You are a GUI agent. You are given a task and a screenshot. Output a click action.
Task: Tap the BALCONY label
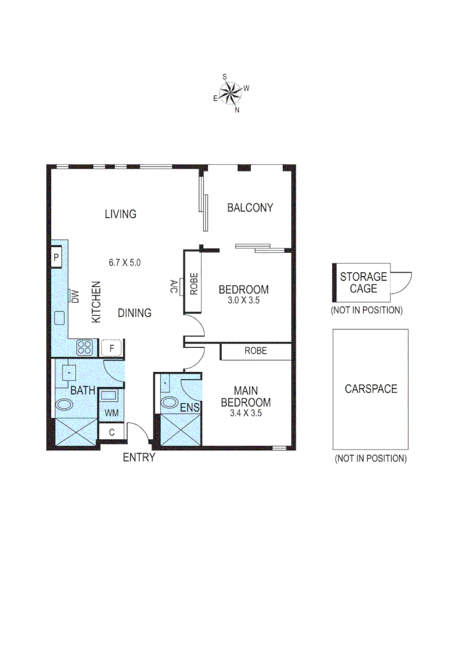[250, 208]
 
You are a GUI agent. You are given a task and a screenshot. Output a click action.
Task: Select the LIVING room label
[120, 214]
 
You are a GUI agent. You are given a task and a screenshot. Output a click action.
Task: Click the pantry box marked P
[56, 258]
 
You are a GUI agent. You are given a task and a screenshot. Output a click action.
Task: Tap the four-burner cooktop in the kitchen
[85, 347]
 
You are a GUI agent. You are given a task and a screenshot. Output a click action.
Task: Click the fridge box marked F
[111, 347]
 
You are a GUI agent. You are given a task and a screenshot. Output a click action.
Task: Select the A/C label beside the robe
[174, 284]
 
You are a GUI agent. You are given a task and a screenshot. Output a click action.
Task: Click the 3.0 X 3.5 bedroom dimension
[243, 300]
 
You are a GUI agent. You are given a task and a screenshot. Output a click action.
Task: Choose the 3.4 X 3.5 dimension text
[246, 413]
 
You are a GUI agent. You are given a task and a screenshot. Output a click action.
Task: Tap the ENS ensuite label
[190, 409]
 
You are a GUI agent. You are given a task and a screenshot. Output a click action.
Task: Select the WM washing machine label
[111, 413]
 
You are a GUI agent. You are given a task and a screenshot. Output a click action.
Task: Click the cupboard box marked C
[111, 431]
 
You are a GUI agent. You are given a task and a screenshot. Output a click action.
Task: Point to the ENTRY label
[139, 458]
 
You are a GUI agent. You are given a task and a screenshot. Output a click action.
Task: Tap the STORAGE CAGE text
[363, 282]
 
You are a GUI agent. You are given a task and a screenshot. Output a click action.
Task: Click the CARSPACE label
[371, 389]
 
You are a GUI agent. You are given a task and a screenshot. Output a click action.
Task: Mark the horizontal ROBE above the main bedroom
[255, 351]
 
